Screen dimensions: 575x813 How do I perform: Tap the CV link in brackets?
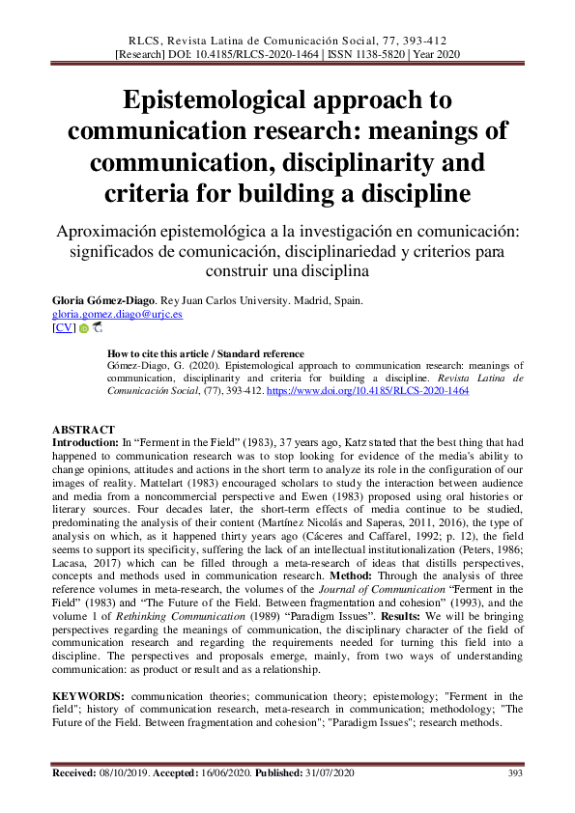click(x=63, y=328)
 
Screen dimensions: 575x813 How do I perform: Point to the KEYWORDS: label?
click(x=87, y=696)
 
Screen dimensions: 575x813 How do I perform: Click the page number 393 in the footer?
click(x=515, y=773)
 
